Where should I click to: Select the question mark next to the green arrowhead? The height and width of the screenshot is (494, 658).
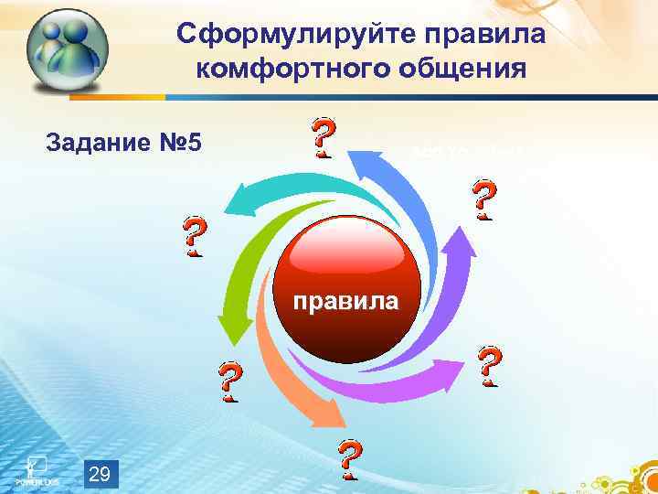pos(229,382)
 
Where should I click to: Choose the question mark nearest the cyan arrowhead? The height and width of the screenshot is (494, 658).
pos(193,237)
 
